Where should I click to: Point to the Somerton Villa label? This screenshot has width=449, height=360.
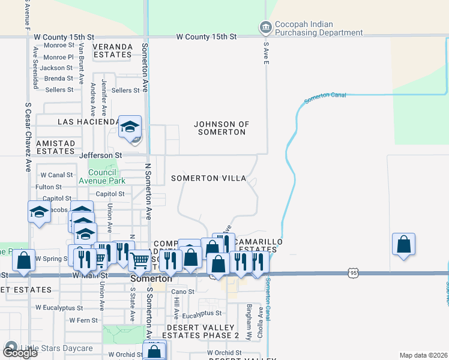point(208,178)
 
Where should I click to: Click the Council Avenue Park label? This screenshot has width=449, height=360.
point(106,176)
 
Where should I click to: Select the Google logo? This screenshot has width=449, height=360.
point(20,353)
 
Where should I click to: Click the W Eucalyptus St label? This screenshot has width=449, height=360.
point(59,308)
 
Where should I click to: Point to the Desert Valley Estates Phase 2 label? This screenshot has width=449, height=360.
point(203,331)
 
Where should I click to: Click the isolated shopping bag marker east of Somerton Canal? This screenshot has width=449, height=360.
point(404,244)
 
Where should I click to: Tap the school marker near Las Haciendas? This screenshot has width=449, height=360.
point(130,127)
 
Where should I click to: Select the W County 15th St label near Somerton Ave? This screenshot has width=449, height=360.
point(206,37)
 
